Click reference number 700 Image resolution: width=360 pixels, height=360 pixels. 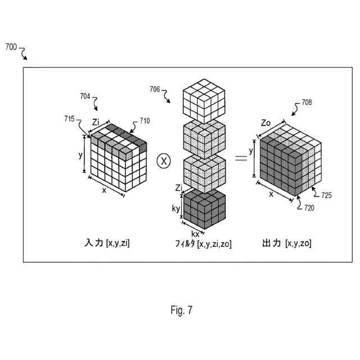pos(11,48)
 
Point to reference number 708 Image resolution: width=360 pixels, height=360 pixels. pos(306,102)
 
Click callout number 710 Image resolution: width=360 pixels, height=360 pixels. pos(145,120)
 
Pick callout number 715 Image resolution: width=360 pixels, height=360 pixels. pos(70,119)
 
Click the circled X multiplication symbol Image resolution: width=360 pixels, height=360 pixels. pos(163,161)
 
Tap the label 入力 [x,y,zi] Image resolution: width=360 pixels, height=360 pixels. pos(107,244)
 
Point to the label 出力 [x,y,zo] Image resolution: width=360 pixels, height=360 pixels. pos(287,244)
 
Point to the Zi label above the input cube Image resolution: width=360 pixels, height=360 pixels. pos(96,121)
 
